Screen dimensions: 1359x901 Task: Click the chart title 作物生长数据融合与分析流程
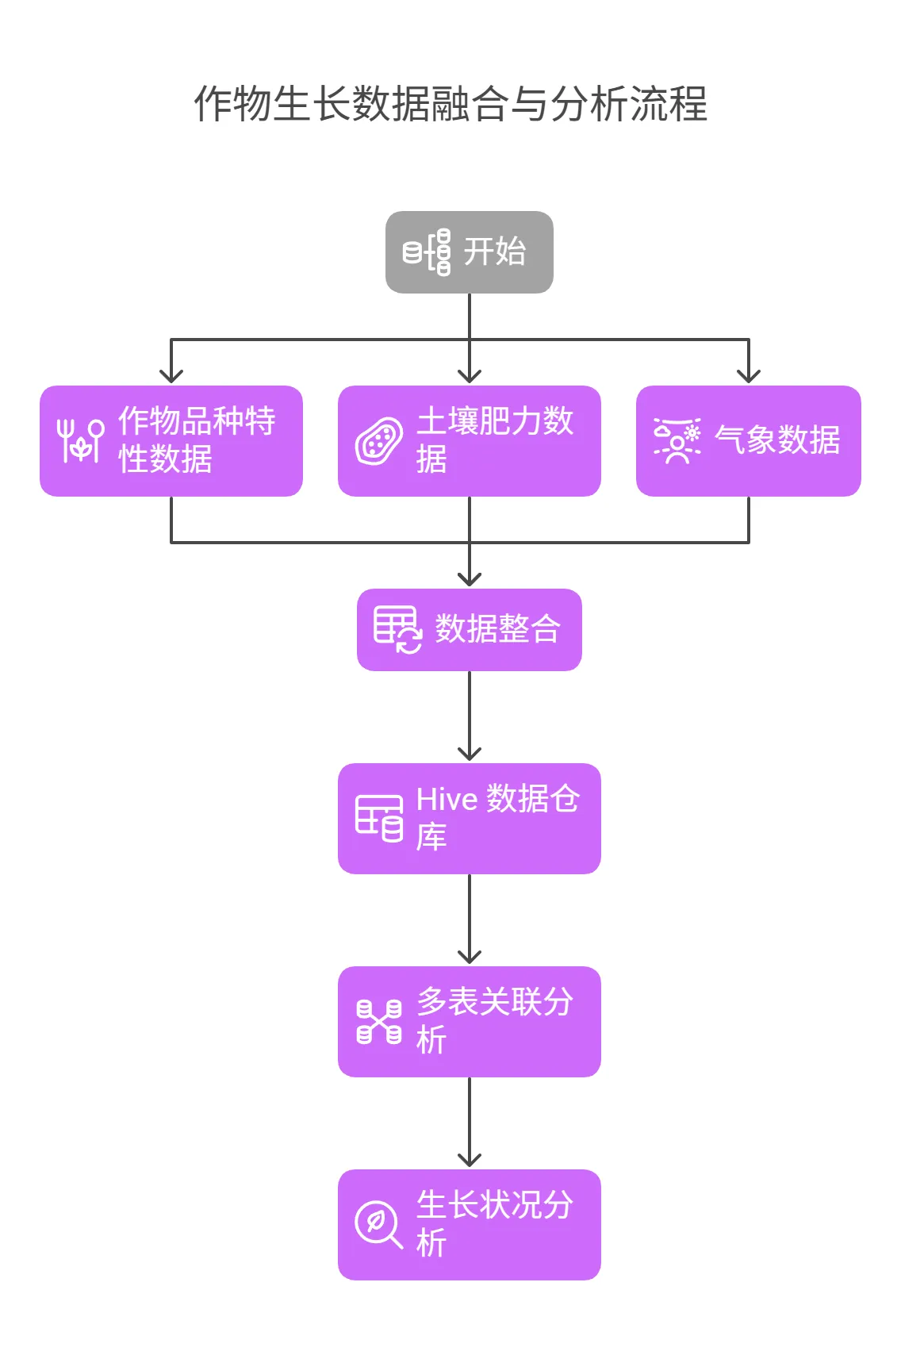click(x=450, y=104)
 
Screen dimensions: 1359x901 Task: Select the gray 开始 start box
click(x=469, y=252)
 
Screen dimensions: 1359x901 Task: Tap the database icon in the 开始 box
click(x=427, y=252)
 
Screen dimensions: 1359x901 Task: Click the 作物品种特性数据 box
click(x=171, y=441)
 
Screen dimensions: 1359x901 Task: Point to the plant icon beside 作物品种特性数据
click(x=80, y=440)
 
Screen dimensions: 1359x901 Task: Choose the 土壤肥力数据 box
click(x=469, y=441)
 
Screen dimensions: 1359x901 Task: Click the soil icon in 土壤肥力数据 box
click(x=379, y=441)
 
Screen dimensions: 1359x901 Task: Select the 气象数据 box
click(x=748, y=441)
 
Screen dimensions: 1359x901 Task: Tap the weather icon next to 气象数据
click(x=677, y=440)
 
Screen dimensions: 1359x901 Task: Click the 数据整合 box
click(x=469, y=629)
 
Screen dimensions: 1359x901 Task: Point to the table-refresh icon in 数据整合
click(x=397, y=630)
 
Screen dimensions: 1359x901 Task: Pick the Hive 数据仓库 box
click(x=469, y=818)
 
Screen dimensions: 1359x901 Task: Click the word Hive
click(x=447, y=800)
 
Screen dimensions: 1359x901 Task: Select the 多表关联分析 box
click(x=469, y=1021)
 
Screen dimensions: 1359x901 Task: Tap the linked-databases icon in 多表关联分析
click(x=379, y=1022)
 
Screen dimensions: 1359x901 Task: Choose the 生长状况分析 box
click(x=469, y=1224)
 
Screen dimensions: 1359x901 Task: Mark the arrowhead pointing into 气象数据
click(x=748, y=374)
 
